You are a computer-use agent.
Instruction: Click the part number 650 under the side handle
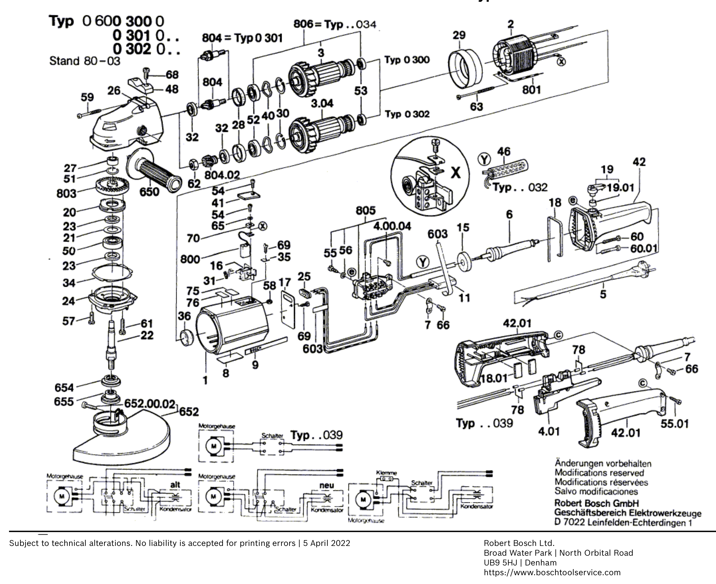149,192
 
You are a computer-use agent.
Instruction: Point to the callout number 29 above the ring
459,35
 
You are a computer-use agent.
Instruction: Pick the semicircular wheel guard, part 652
121,441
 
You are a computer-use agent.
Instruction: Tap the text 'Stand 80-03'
84,61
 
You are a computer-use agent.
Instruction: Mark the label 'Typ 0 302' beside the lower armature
407,114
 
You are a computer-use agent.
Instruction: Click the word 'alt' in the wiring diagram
175,485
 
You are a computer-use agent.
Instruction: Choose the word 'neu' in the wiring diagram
326,485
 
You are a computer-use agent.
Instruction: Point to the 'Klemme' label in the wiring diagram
386,473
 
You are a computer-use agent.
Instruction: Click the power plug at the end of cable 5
643,269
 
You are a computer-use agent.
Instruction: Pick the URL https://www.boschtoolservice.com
552,573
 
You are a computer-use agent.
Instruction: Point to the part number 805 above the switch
365,211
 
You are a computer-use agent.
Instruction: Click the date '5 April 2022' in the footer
326,543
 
